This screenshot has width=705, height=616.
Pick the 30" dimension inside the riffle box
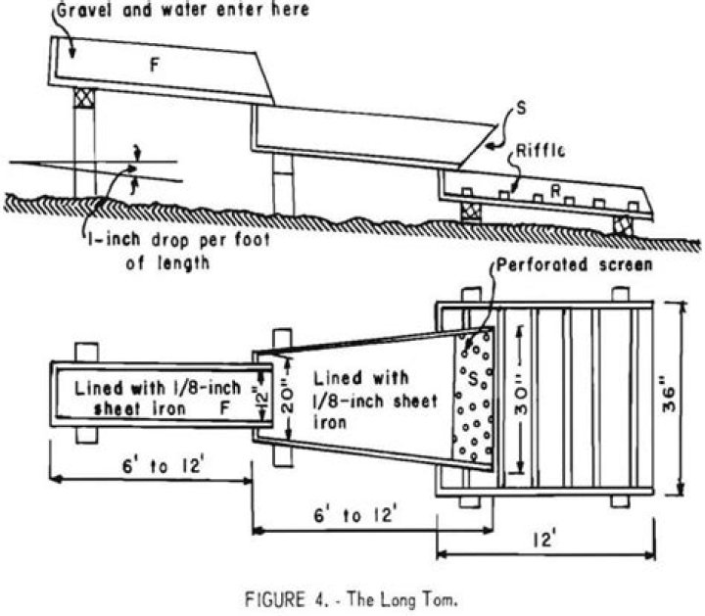[519, 400]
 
